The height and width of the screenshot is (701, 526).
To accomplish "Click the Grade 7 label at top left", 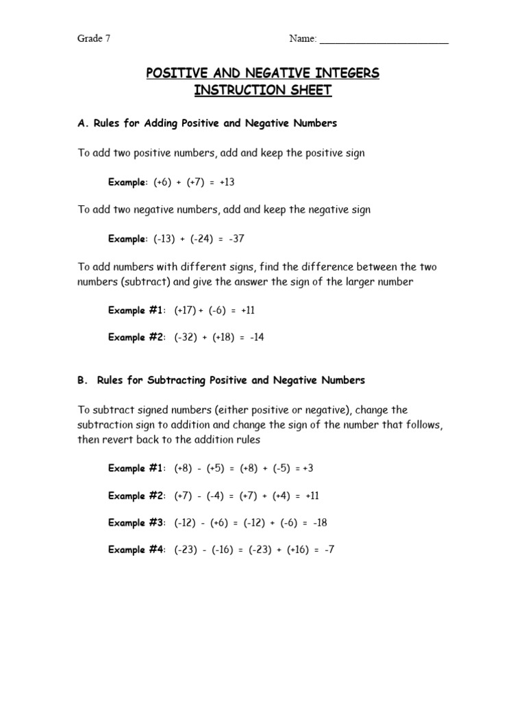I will point(93,39).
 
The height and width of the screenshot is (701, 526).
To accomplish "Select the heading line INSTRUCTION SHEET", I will point(262,90).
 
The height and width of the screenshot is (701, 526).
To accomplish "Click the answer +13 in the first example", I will point(227,183).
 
